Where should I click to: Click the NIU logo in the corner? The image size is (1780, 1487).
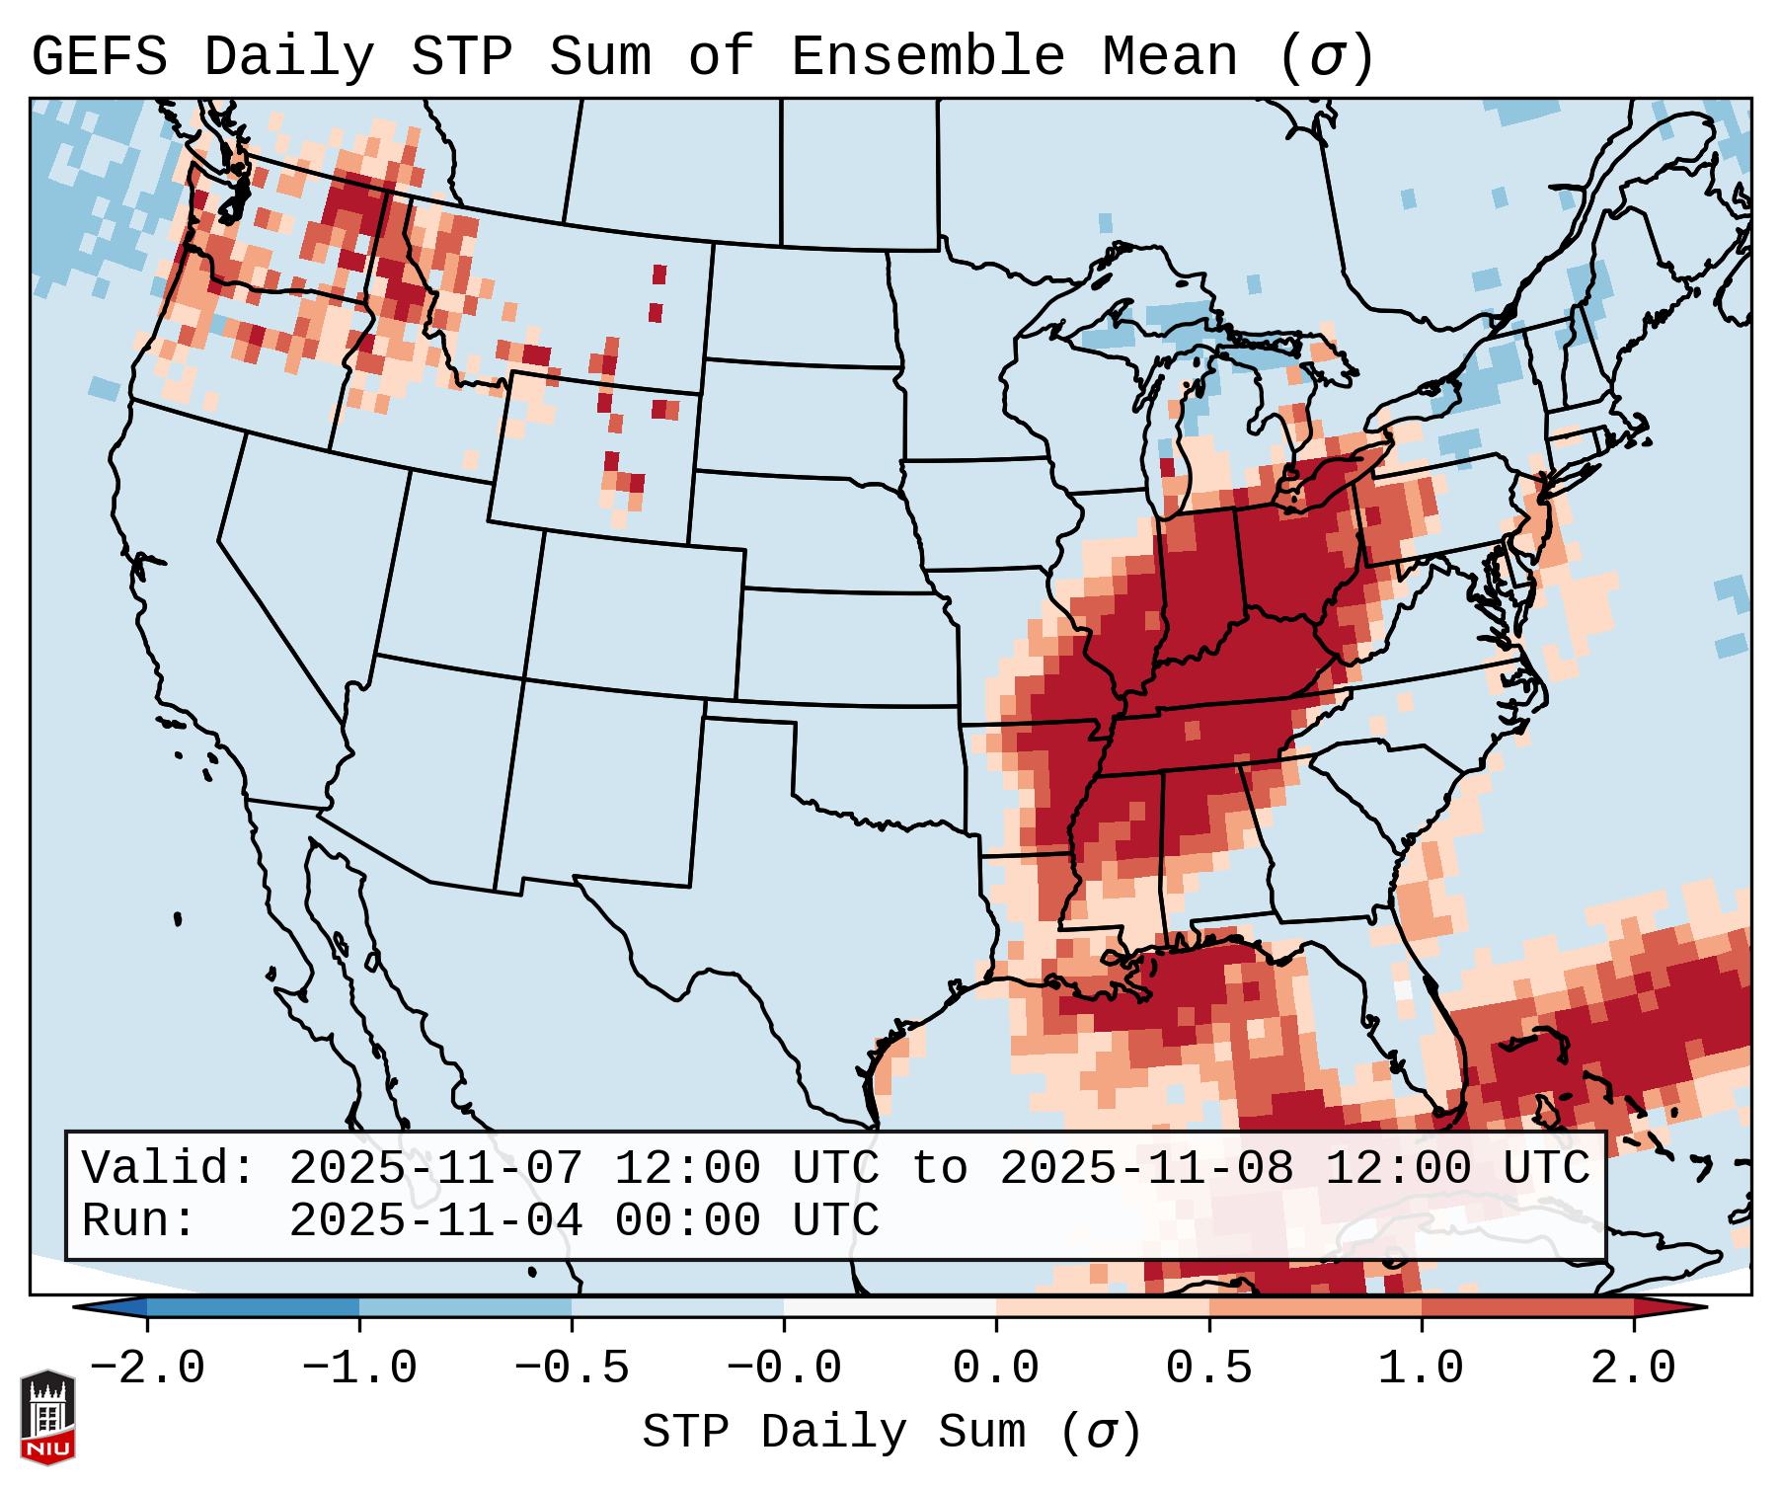[x=47, y=1416]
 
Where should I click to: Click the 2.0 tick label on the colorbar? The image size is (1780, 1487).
[x=1634, y=1369]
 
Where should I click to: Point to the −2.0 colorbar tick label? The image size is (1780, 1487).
[x=147, y=1369]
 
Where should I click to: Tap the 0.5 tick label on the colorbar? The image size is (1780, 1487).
[x=1208, y=1369]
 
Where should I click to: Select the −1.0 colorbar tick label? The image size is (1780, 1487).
[x=359, y=1369]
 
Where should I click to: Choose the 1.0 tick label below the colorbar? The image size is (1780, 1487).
[x=1421, y=1369]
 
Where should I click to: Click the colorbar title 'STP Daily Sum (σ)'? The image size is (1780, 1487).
[x=891, y=1433]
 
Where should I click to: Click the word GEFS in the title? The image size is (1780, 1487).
[x=100, y=57]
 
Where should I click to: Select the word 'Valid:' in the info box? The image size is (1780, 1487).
[x=169, y=1168]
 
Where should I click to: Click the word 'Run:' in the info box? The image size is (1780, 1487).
[x=139, y=1220]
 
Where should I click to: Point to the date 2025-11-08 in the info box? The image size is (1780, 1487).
[x=1146, y=1168]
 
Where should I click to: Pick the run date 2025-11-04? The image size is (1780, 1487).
[x=435, y=1220]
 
